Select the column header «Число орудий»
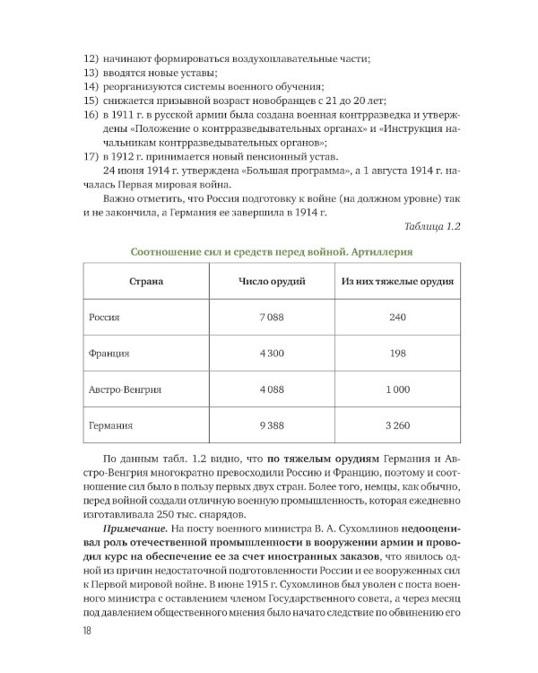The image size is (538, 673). pos(271,282)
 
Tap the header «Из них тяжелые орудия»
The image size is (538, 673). pos(397,282)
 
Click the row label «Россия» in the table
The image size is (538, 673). pos(104,318)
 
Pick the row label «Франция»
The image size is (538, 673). pos(108,354)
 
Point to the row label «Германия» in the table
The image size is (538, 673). pos(110,426)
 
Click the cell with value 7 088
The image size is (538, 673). pos(271,318)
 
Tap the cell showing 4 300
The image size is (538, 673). pos(271,354)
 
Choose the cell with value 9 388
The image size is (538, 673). pos(271,426)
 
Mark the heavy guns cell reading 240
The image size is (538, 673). pos(397,318)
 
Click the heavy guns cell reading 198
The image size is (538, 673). pos(397,354)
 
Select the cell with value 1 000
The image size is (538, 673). pos(397,389)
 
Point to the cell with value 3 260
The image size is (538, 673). pos(397,426)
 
